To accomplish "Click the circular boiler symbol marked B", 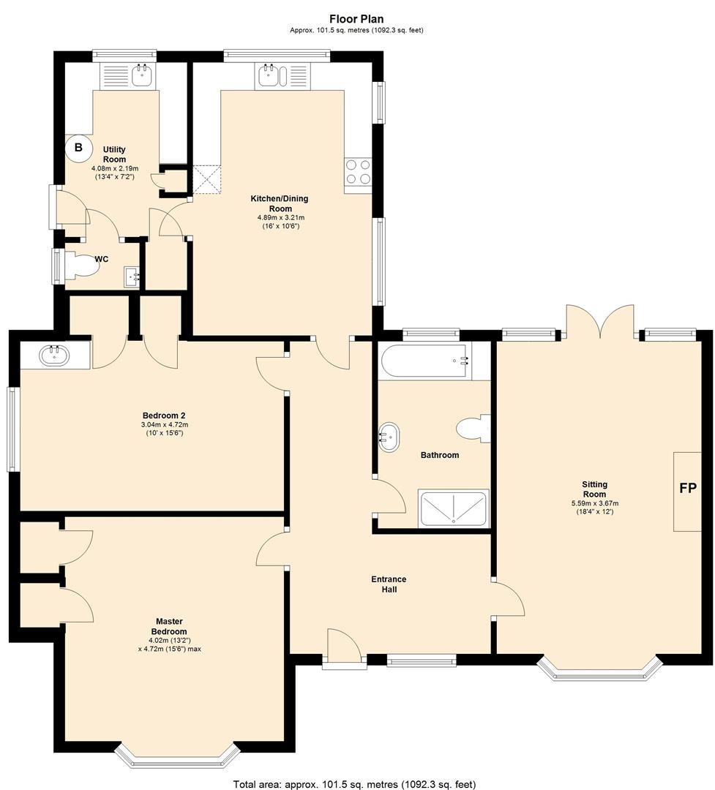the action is [78, 148].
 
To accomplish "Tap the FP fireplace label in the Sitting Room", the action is [688, 488].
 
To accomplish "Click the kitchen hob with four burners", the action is [358, 173].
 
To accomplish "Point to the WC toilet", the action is [81, 265].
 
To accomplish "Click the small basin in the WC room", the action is [132, 276].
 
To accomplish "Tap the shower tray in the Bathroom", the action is [454, 508].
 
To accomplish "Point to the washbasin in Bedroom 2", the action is [55, 355].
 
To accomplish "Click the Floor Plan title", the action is [356, 19].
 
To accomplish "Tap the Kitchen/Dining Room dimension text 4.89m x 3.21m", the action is [281, 218].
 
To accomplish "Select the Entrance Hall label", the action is [389, 584].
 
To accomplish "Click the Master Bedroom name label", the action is [170, 626].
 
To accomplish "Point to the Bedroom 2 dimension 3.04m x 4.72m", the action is [165, 425].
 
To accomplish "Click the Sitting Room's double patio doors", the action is [599, 321].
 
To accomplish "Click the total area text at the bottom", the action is [354, 784].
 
